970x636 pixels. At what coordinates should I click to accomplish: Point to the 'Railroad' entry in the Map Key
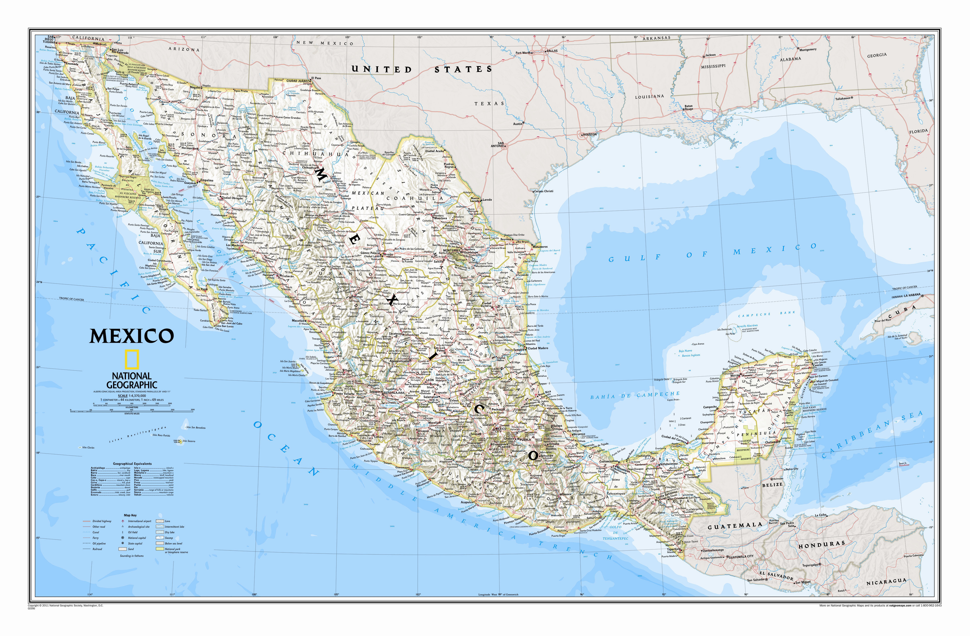tap(97, 549)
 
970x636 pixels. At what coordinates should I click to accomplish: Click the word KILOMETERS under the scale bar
tap(132, 407)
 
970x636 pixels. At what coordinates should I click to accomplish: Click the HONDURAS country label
tap(821, 545)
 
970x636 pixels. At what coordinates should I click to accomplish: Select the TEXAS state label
tap(489, 104)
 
